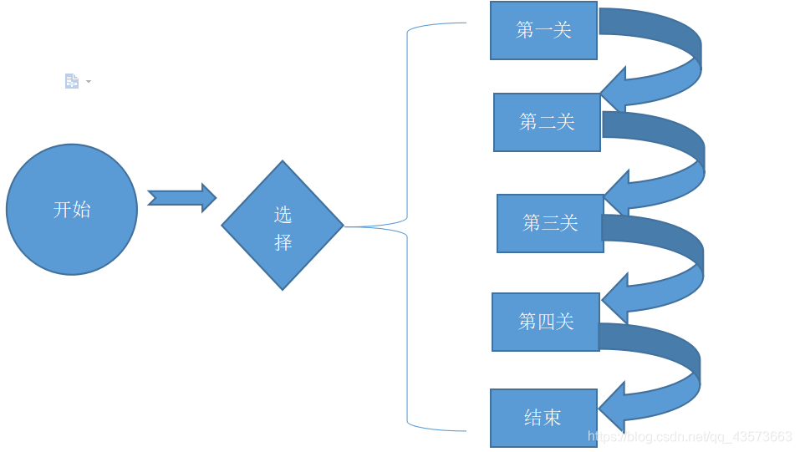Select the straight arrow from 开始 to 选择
coord(181,198)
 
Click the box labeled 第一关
coord(543,31)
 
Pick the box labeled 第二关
coord(547,122)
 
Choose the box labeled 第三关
coord(550,223)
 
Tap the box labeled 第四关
coord(546,322)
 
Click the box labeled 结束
coord(543,418)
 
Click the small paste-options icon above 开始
coord(72,81)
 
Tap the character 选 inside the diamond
coord(283,215)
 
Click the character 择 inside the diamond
coord(283,242)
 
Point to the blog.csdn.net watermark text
coord(690,437)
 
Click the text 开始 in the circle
coord(72,210)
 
